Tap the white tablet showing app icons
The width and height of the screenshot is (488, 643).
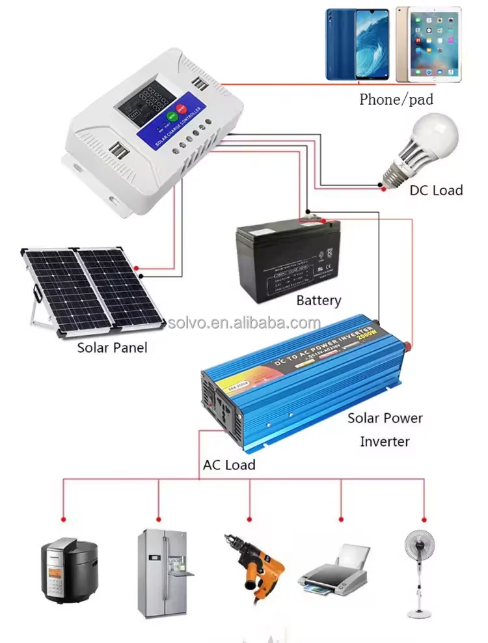(427, 46)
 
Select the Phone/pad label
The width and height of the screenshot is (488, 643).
(396, 100)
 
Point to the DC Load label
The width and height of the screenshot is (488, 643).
(436, 190)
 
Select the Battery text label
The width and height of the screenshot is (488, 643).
(318, 301)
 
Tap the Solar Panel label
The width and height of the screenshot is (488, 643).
(112, 348)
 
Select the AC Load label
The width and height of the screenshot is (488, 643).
(229, 465)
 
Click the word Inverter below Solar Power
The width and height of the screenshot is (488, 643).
(385, 441)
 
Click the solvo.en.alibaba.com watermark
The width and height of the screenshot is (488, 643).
(244, 323)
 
